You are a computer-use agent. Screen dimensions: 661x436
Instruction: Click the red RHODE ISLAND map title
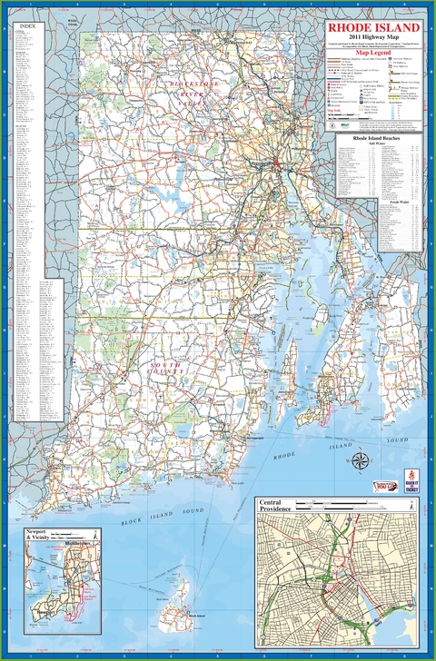click(374, 28)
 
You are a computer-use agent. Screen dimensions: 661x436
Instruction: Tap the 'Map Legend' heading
click(374, 52)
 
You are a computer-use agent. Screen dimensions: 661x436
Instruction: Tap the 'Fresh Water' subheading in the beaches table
click(375, 203)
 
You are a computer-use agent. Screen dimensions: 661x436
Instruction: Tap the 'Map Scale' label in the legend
click(339, 113)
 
